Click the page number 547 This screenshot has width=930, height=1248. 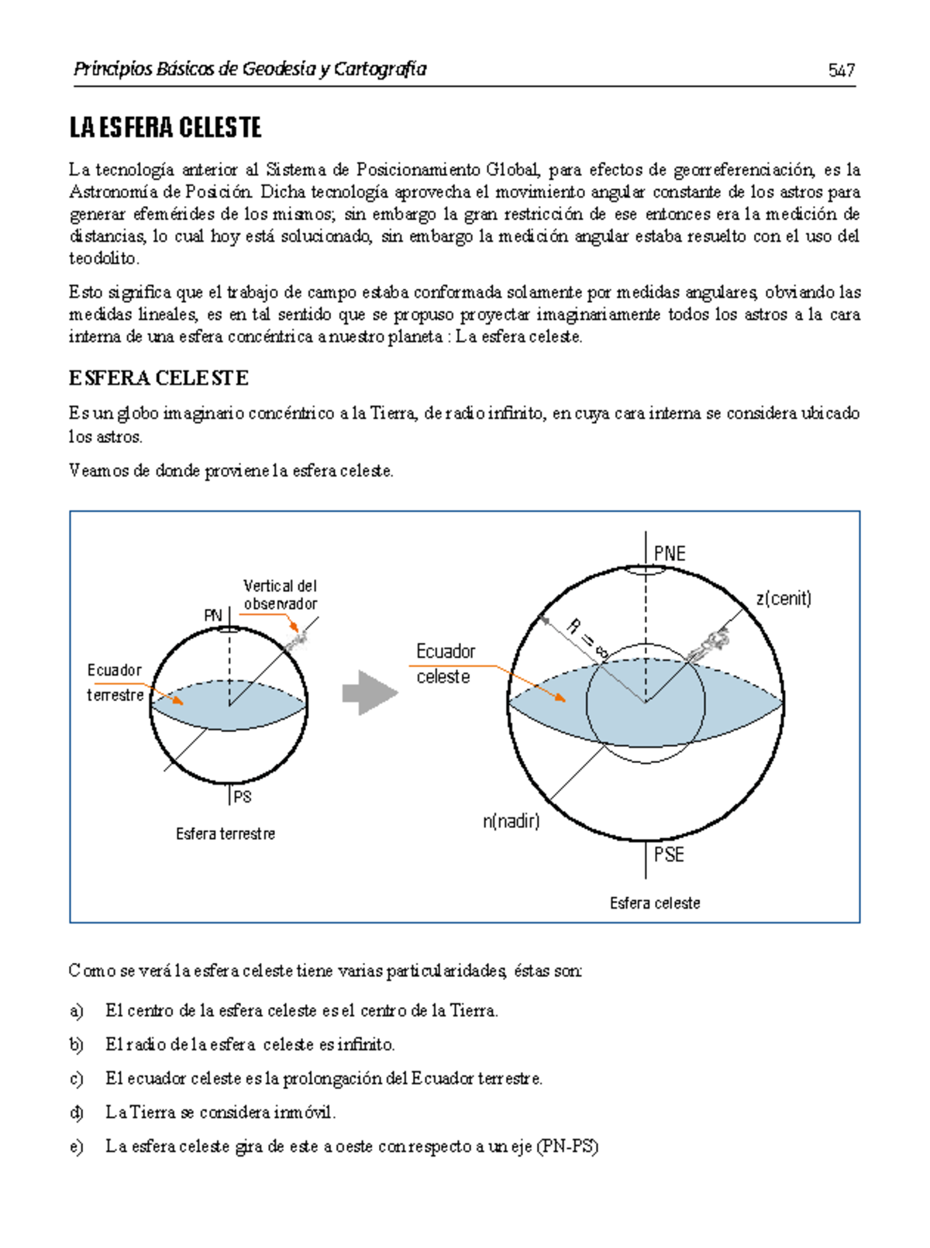pos(841,70)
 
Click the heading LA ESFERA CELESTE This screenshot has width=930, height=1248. pos(165,128)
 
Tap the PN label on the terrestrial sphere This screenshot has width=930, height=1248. pos(212,615)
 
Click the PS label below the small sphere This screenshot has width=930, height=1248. pos(243,796)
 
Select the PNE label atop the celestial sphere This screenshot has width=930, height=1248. pos(670,553)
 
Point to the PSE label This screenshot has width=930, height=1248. pos(669,854)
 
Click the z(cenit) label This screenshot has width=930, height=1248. pos(784,598)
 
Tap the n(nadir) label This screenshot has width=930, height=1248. pos(511,820)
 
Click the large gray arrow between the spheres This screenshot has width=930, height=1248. pos(370,693)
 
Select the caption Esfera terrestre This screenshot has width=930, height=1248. pos(226,834)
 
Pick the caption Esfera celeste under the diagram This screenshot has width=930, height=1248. pos(655,902)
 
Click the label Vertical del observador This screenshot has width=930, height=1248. pos(280,594)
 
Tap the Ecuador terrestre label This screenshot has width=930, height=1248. pos(115,682)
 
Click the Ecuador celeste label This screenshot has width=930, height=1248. pos(445,663)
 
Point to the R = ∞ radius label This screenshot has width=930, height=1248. pos(586,637)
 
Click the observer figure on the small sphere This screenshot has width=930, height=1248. pos(297,640)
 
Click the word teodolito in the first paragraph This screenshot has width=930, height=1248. pos(104,258)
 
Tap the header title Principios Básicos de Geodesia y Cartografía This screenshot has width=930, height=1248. pos(250,69)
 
